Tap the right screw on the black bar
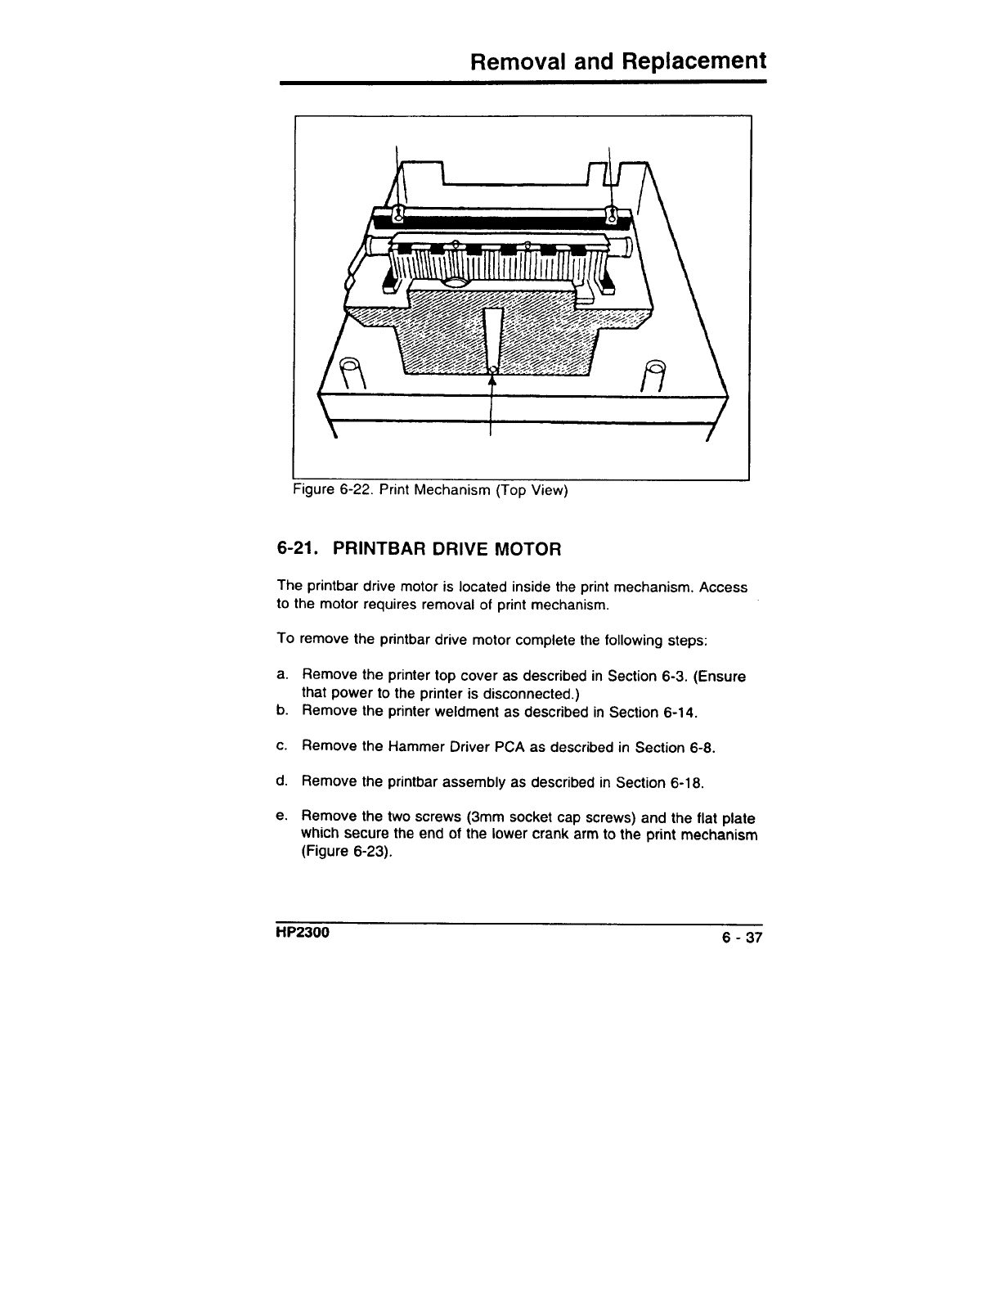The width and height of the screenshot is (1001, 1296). point(611,214)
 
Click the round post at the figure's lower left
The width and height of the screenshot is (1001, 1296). point(350,369)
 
